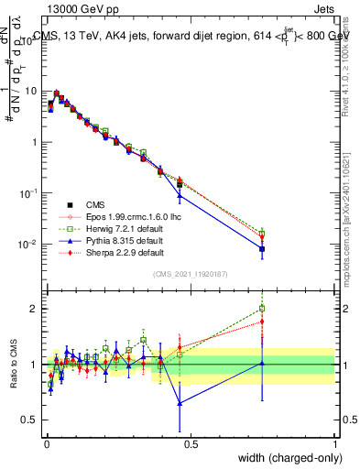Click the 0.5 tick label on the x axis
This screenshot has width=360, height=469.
click(191, 442)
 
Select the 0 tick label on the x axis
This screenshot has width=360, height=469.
click(46, 442)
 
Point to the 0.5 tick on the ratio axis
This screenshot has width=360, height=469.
click(33, 420)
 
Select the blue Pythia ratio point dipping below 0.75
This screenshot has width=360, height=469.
click(180, 403)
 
